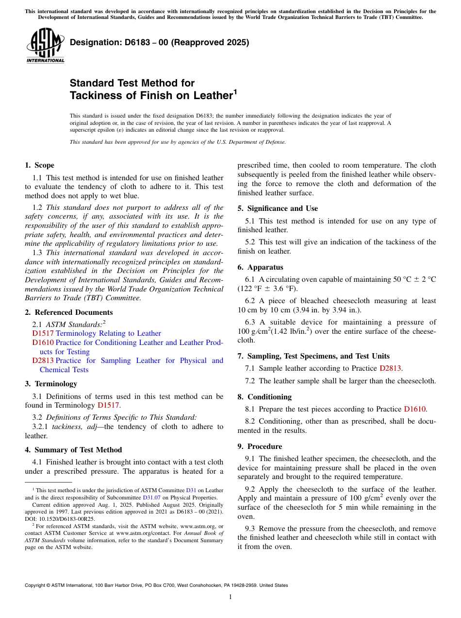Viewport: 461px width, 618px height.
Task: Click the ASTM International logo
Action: pos(45,45)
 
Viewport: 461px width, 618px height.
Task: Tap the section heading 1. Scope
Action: pos(39,165)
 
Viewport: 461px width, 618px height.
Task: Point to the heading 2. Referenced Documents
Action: pos(69,312)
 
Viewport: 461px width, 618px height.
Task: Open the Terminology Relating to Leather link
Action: pos(108,333)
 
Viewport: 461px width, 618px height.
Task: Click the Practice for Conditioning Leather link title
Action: pos(139,343)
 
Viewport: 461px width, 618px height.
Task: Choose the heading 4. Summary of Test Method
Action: pos(73,450)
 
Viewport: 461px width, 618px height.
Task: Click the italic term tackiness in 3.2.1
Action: pos(67,427)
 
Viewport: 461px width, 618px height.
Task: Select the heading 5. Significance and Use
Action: pos(278,208)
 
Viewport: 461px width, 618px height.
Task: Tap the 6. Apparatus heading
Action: pos(260,267)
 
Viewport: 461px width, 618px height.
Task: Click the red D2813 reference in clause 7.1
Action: pos(390,368)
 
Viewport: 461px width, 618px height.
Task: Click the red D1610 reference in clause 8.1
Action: pos(414,409)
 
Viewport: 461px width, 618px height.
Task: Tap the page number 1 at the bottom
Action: pos(230,597)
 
